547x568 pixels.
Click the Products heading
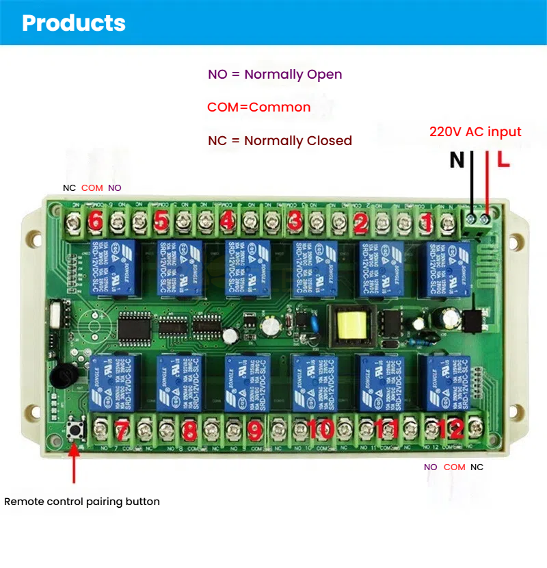(74, 23)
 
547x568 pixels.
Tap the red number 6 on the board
(96, 220)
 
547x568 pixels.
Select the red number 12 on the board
(451, 429)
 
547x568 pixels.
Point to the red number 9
(255, 430)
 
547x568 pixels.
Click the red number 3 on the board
(294, 220)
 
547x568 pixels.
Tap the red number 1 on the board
(426, 221)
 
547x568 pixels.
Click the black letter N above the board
(457, 160)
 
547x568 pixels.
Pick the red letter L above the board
(503, 160)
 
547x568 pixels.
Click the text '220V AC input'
(475, 132)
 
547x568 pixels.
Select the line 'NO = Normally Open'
(275, 75)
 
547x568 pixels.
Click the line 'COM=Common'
(258, 107)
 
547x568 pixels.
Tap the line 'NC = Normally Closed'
(280, 141)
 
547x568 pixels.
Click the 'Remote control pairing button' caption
(82, 502)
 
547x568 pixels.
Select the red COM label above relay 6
(92, 188)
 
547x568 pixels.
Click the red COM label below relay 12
(454, 467)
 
